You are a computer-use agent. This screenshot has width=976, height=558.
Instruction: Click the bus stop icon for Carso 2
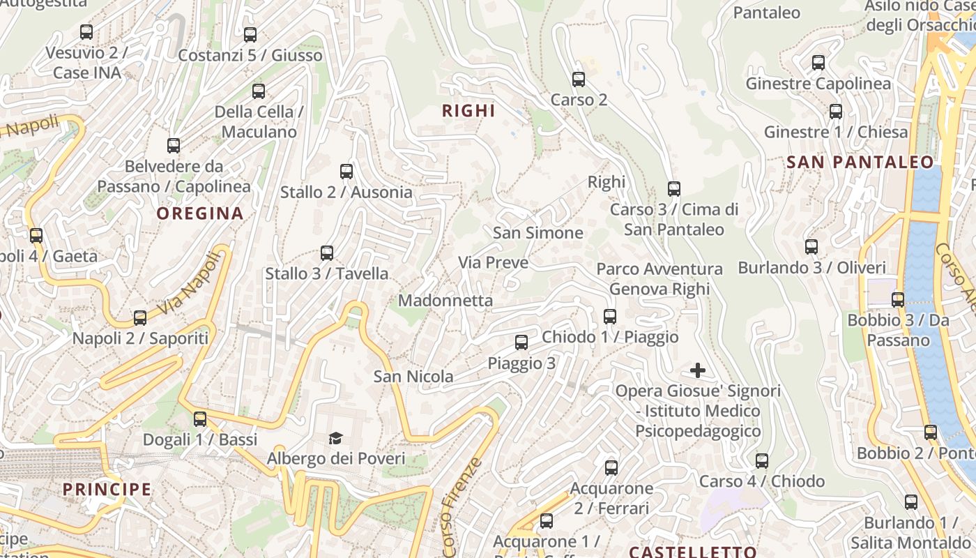click(579, 80)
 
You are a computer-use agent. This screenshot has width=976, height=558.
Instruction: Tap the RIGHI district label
click(468, 110)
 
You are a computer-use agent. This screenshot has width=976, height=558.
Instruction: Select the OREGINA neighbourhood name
click(200, 213)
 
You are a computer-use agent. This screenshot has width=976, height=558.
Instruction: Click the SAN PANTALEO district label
click(860, 163)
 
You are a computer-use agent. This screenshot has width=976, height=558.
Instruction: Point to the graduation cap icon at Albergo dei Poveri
click(336, 438)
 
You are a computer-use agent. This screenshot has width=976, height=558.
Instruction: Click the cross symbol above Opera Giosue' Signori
click(697, 370)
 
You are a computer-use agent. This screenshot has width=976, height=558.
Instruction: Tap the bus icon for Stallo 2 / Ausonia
click(346, 172)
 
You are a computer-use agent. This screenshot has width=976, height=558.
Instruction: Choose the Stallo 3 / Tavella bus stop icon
click(327, 253)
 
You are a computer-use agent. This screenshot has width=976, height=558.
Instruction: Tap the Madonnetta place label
click(445, 301)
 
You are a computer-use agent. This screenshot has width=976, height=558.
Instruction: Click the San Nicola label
click(413, 377)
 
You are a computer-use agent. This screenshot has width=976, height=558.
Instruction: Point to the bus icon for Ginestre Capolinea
click(818, 63)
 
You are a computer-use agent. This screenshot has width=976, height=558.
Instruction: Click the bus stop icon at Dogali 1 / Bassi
click(200, 419)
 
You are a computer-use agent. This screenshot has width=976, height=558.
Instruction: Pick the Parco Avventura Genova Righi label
click(659, 279)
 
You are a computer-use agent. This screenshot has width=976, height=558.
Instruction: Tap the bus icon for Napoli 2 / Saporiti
click(140, 318)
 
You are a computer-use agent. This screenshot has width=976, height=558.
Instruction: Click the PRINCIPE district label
click(107, 489)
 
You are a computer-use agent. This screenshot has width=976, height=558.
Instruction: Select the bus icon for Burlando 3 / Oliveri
click(811, 247)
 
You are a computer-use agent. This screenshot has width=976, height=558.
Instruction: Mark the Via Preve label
click(493, 263)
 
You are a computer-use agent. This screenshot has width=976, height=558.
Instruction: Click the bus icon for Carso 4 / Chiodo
click(762, 461)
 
